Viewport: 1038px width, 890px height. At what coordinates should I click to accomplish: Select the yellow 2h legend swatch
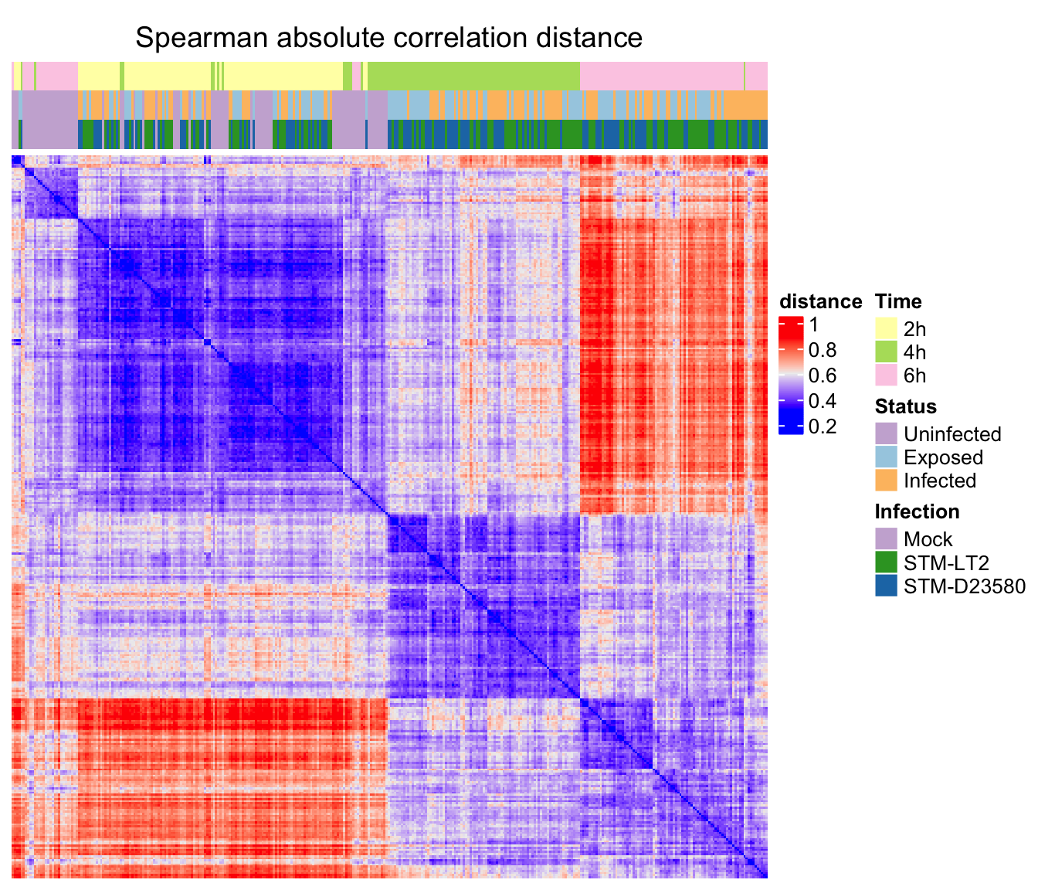(x=886, y=328)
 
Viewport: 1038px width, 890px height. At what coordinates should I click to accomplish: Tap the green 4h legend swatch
(x=886, y=352)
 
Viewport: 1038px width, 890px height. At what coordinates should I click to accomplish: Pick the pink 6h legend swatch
(x=886, y=375)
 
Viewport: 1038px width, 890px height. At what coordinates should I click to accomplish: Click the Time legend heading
(x=898, y=302)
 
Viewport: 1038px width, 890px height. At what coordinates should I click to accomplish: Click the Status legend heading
(x=905, y=406)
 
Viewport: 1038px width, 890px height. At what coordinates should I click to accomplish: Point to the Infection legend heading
(x=917, y=511)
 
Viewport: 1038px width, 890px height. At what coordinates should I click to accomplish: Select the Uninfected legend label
(x=952, y=434)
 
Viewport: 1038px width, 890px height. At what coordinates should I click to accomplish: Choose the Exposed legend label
(x=943, y=457)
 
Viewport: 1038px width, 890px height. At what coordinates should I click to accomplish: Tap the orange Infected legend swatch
(x=886, y=480)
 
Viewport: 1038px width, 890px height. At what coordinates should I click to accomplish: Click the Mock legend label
(x=928, y=539)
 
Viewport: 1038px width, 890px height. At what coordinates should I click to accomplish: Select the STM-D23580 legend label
(x=964, y=586)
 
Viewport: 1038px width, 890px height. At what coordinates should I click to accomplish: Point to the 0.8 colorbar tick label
(x=822, y=351)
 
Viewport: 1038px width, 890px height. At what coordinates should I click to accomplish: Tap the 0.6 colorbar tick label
(x=822, y=376)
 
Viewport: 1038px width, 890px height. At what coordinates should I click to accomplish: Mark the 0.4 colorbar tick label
(x=822, y=401)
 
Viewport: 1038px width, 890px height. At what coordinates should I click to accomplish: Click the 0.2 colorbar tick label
(x=822, y=426)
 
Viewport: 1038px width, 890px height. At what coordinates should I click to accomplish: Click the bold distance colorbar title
(x=820, y=302)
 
